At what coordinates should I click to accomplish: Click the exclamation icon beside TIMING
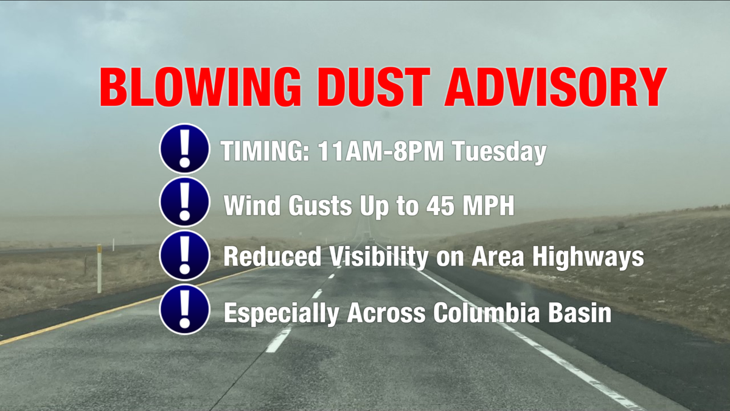(185, 149)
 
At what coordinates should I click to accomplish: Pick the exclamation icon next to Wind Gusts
(185, 202)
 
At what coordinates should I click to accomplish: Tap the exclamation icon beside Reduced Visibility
(185, 255)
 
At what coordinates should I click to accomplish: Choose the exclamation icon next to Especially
(185, 309)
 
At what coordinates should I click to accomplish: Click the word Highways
(588, 257)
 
